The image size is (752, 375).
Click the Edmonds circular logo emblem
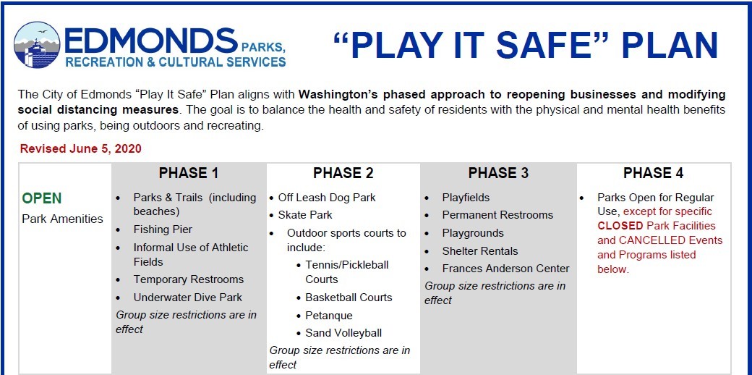pyautogui.click(x=37, y=45)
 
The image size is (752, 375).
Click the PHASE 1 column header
pyautogui.click(x=189, y=173)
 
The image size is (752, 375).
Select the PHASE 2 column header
pyautogui.click(x=343, y=173)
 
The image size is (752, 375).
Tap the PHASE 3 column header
pyautogui.click(x=498, y=173)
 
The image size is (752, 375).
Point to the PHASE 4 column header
pyautogui.click(x=653, y=173)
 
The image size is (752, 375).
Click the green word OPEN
pyautogui.click(x=42, y=198)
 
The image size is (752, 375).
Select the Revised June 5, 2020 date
pyautogui.click(x=80, y=149)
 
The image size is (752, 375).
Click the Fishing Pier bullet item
pyautogui.click(x=163, y=229)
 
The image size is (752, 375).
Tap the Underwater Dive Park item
pyautogui.click(x=187, y=298)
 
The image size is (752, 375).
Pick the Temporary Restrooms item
pyautogui.click(x=189, y=279)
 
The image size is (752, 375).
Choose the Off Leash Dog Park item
pyautogui.click(x=327, y=198)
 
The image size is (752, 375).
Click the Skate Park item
pyautogui.click(x=305, y=215)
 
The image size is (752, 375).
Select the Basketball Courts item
pyautogui.click(x=349, y=298)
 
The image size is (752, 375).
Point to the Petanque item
pyautogui.click(x=329, y=316)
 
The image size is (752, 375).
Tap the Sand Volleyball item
pyautogui.click(x=343, y=333)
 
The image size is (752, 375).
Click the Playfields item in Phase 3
pyautogui.click(x=466, y=198)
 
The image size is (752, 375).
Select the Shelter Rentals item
pyautogui.click(x=480, y=251)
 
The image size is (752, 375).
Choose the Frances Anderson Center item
pyautogui.click(x=506, y=269)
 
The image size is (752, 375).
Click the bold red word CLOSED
pyautogui.click(x=620, y=226)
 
